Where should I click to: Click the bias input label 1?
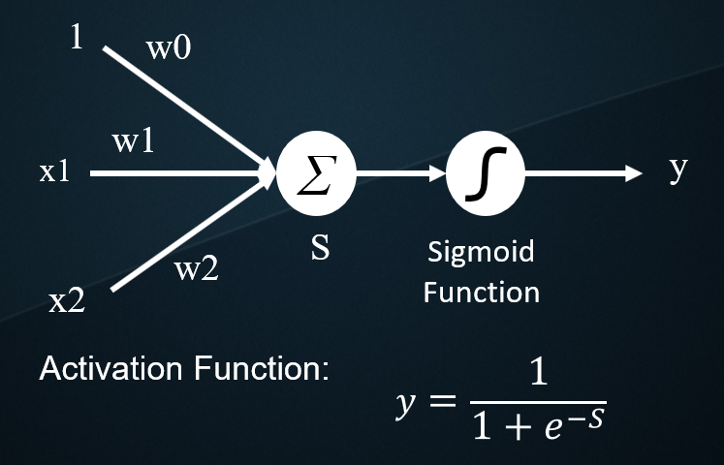click(x=76, y=40)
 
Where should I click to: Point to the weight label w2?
click(x=196, y=269)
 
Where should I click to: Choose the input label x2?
click(x=67, y=302)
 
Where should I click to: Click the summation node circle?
click(x=316, y=175)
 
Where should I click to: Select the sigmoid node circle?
click(x=485, y=175)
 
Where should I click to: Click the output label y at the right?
click(x=677, y=170)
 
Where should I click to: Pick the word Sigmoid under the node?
click(x=481, y=253)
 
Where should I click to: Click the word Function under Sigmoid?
click(x=482, y=291)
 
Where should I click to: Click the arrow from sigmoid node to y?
click(x=582, y=175)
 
